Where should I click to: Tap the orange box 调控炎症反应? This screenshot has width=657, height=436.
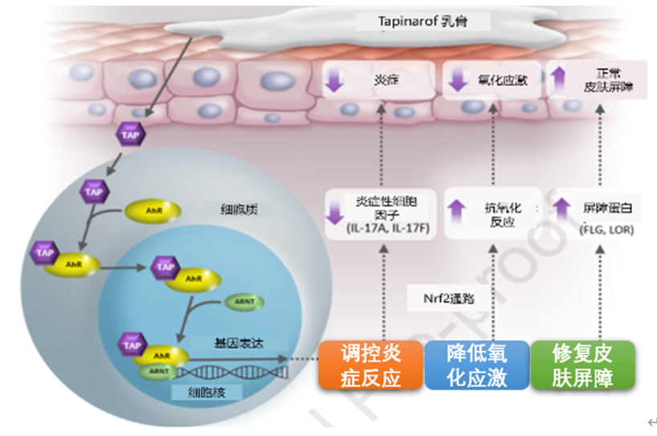click(370, 365)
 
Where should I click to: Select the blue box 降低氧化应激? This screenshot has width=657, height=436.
click(476, 365)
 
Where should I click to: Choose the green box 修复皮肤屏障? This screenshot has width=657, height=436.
click(582, 365)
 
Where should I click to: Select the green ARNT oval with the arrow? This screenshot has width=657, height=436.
click(244, 302)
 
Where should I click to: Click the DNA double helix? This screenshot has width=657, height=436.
click(233, 372)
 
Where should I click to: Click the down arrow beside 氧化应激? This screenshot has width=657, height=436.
click(458, 80)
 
